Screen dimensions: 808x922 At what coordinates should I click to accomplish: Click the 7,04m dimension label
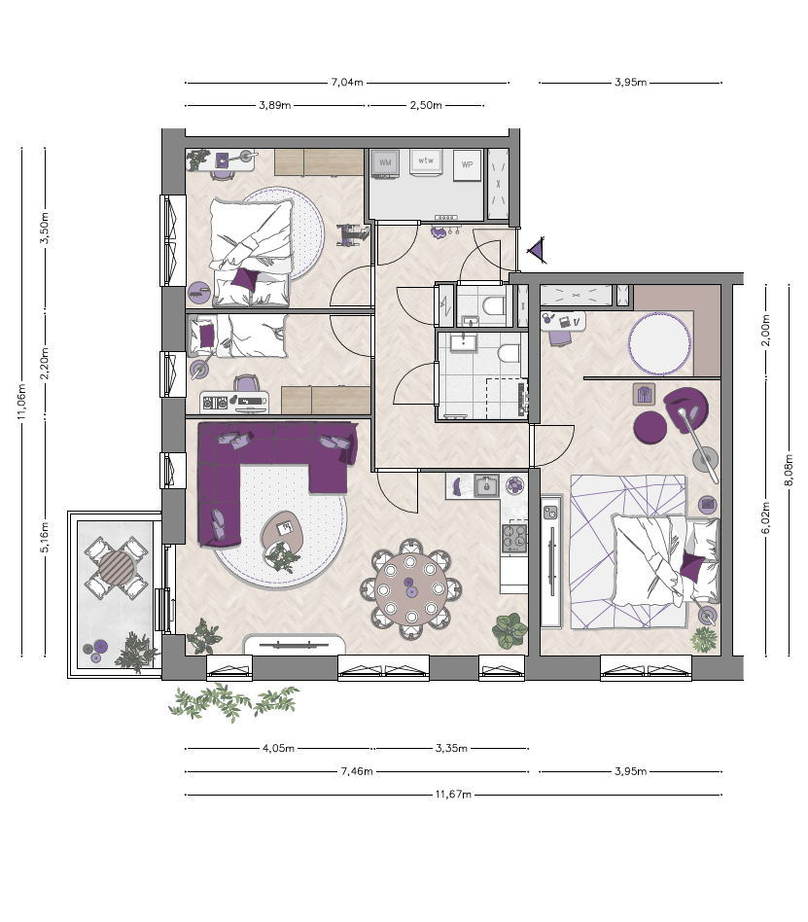[347, 83]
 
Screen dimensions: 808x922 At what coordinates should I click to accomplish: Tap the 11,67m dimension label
[453, 795]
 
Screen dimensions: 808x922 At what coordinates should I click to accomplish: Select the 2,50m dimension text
[426, 105]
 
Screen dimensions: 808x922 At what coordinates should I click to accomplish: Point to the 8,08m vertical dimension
[789, 470]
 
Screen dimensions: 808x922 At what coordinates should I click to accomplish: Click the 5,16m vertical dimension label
[45, 537]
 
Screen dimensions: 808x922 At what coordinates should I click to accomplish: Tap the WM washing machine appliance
[385, 162]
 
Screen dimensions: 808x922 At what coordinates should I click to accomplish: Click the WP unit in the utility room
[467, 164]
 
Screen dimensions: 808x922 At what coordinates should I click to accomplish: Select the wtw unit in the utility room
[426, 160]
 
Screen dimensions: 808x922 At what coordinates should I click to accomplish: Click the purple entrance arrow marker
[537, 251]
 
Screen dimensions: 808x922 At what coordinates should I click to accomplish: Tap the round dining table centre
[410, 588]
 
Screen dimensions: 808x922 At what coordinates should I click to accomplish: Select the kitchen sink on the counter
[486, 485]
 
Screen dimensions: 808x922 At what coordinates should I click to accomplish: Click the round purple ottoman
[650, 427]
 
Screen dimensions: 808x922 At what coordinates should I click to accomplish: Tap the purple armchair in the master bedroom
[686, 409]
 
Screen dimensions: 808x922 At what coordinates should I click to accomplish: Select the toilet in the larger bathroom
[509, 353]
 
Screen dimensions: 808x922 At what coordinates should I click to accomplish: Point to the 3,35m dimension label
[451, 749]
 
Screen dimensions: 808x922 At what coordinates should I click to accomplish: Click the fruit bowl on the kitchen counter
[515, 485]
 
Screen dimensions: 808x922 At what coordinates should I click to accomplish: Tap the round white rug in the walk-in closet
[659, 343]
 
